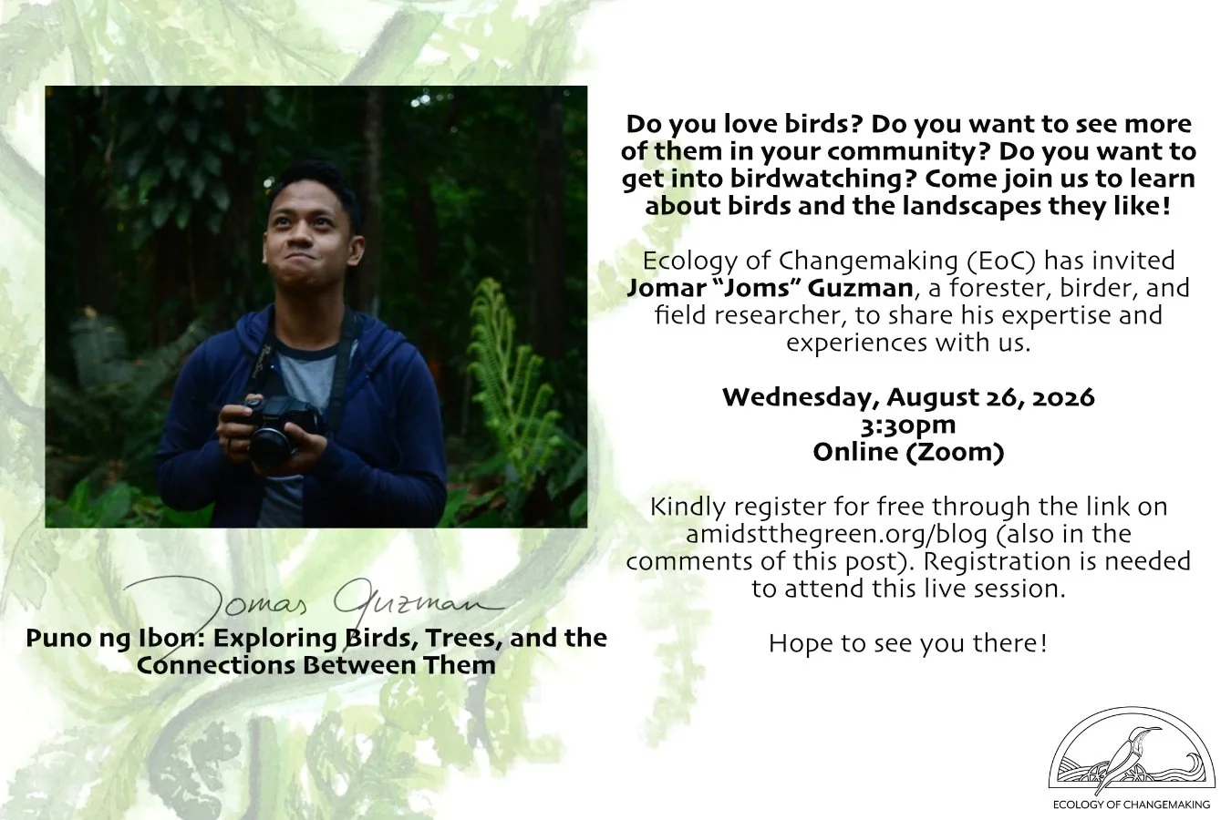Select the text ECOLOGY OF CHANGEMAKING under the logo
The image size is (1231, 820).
tap(1132, 805)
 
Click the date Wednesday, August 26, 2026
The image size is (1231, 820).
tap(908, 397)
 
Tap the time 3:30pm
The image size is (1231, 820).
tap(908, 425)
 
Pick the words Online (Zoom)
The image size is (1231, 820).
tap(908, 452)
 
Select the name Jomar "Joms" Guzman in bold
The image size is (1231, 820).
tap(770, 288)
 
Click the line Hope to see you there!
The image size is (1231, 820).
tap(908, 643)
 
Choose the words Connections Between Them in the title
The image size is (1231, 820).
tap(316, 665)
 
